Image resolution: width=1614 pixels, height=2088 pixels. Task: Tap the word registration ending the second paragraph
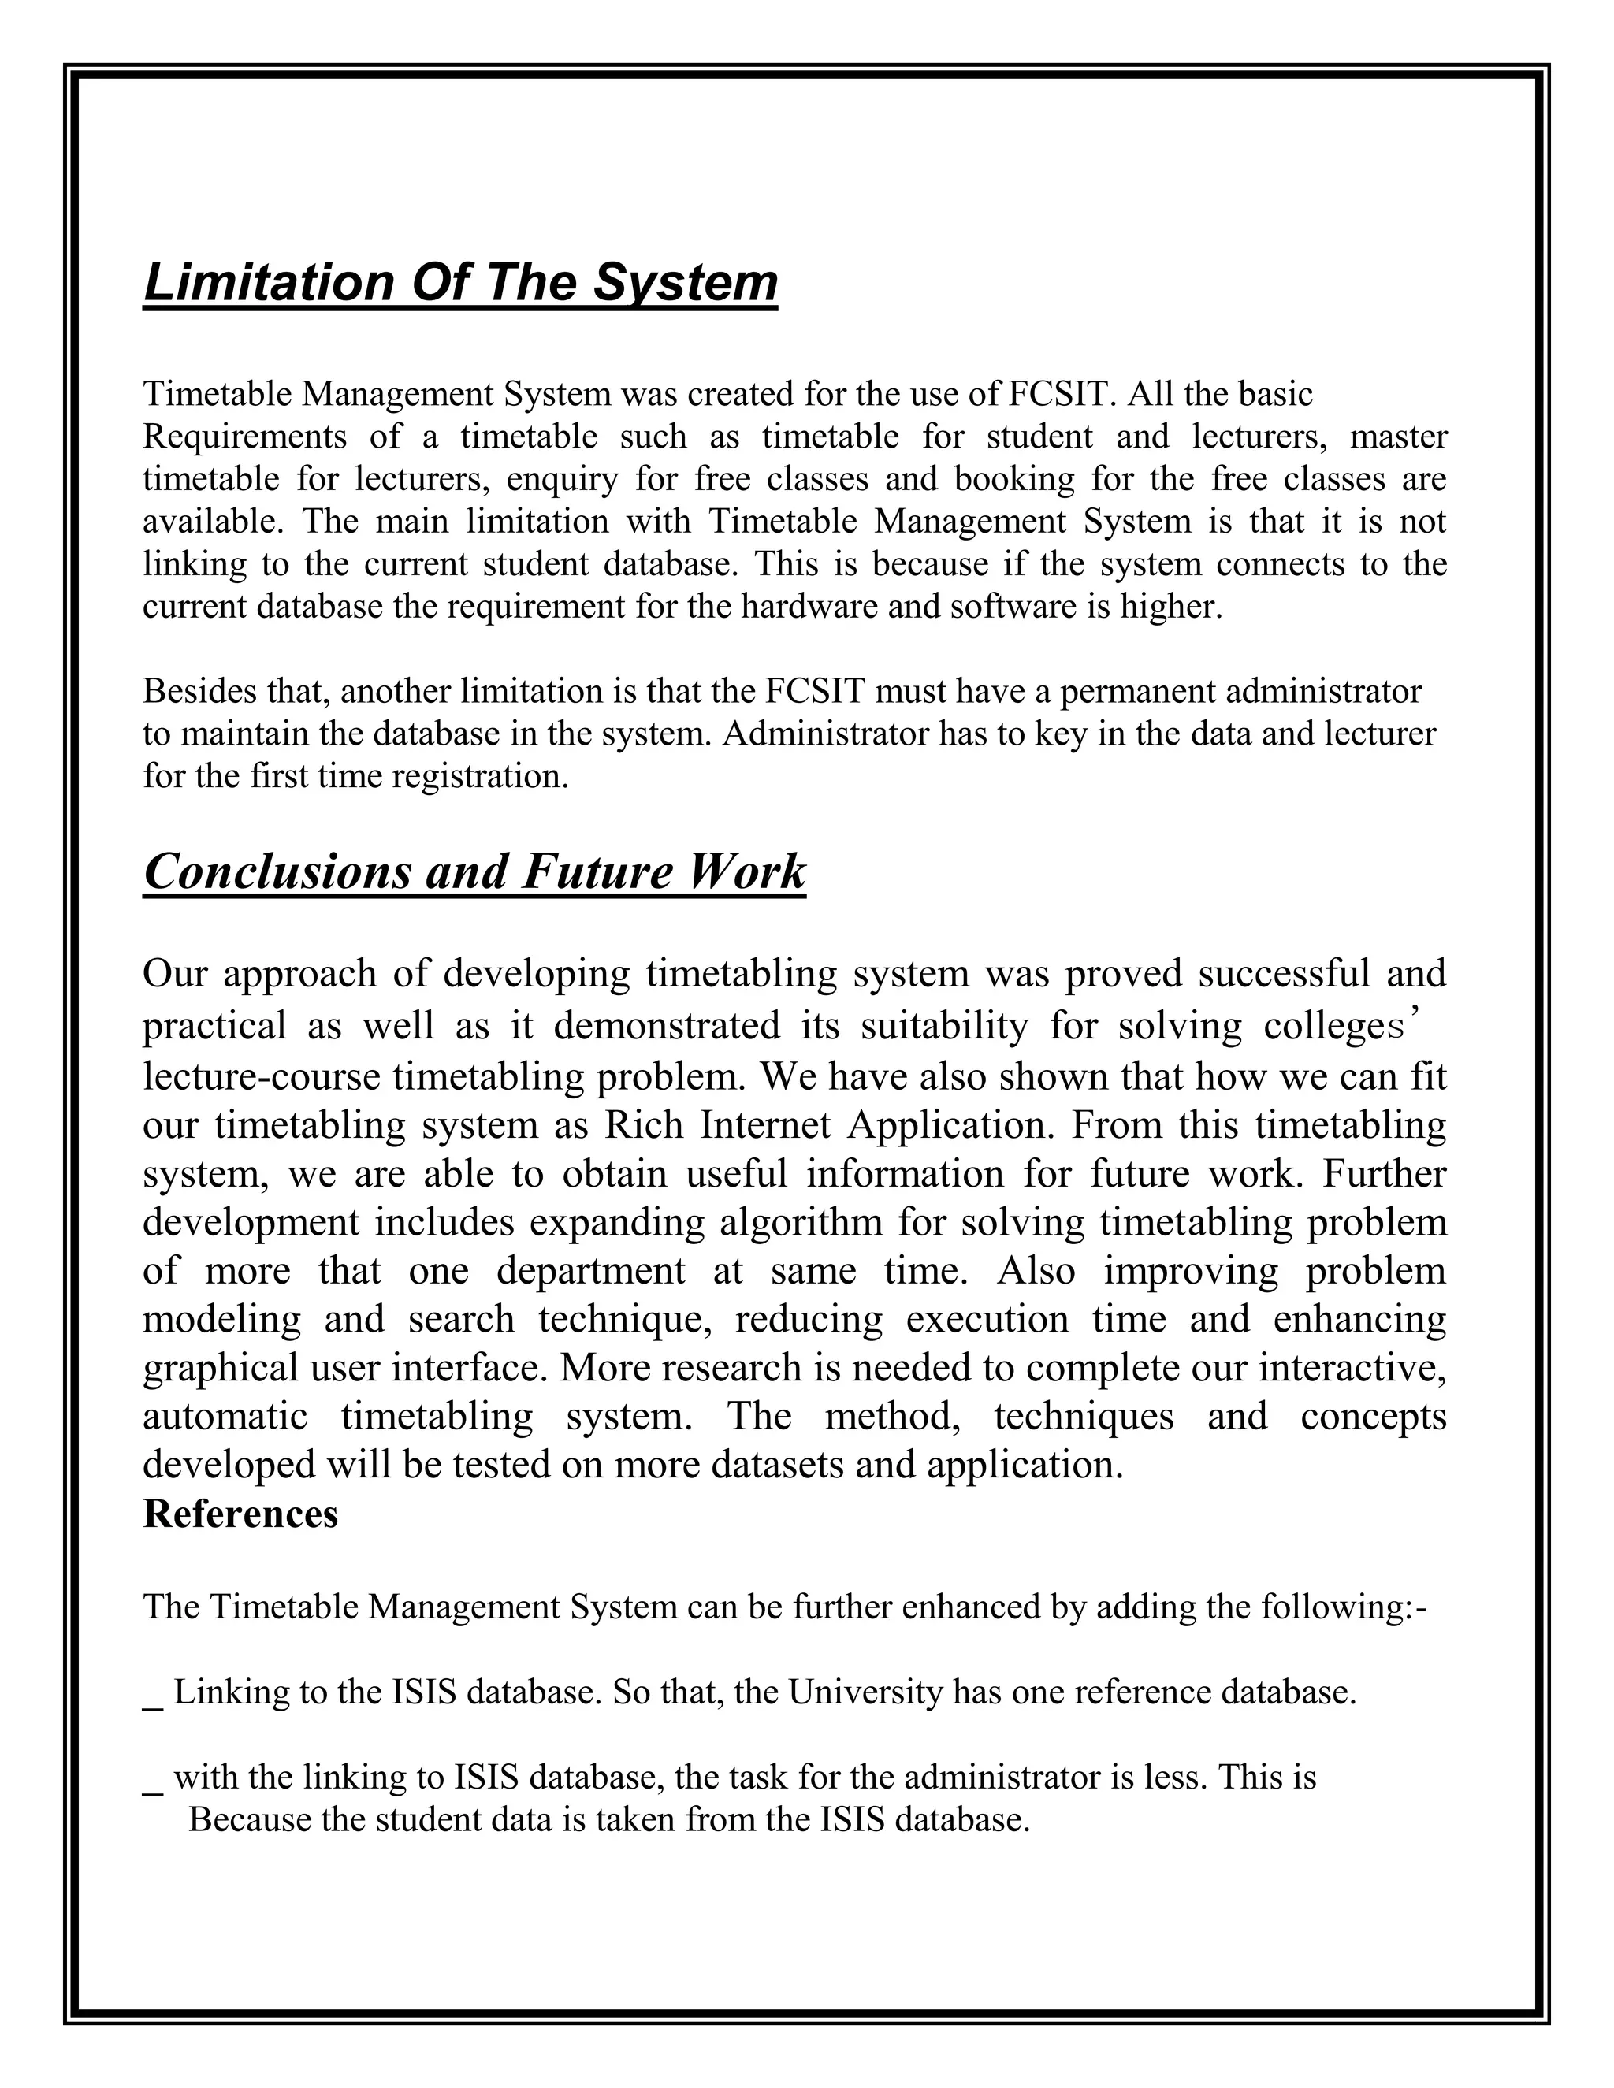pyautogui.click(x=483, y=775)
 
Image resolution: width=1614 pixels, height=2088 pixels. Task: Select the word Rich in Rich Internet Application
pyautogui.click(x=644, y=1124)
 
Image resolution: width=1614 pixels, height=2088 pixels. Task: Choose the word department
pyautogui.click(x=590, y=1271)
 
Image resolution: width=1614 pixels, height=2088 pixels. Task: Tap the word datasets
pyautogui.click(x=776, y=1465)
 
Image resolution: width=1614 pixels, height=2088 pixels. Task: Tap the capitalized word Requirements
pyautogui.click(x=244, y=436)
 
